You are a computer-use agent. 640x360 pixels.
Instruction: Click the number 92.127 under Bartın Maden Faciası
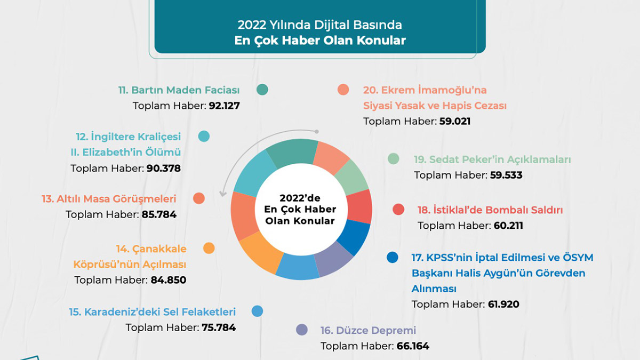pyautogui.click(x=224, y=106)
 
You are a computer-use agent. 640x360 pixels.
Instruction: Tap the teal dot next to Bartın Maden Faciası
pyautogui.click(x=262, y=90)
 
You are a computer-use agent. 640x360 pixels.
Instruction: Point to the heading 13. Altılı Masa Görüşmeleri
pyautogui.click(x=109, y=199)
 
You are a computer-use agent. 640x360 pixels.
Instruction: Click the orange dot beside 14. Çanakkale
pyautogui.click(x=209, y=248)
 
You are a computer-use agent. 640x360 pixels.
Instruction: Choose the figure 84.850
pyautogui.click(x=168, y=280)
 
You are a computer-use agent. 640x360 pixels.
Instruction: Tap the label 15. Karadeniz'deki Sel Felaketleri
pyautogui.click(x=152, y=312)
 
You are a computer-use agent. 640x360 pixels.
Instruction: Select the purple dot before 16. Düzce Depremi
pyautogui.click(x=302, y=330)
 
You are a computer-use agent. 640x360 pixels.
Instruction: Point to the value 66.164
pyautogui.click(x=413, y=346)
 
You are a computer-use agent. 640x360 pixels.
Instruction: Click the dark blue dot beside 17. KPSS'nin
pyautogui.click(x=393, y=258)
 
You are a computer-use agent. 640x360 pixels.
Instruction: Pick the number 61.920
pyautogui.click(x=503, y=305)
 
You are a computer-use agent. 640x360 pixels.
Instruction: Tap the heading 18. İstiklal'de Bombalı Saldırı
pyautogui.click(x=490, y=210)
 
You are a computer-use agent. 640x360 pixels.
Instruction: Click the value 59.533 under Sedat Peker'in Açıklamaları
pyautogui.click(x=506, y=175)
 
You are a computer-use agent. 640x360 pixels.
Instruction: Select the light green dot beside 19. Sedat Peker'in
pyautogui.click(x=394, y=159)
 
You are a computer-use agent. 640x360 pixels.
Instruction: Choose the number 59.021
pyautogui.click(x=454, y=121)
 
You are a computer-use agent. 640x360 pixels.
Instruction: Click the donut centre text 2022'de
pyautogui.click(x=301, y=197)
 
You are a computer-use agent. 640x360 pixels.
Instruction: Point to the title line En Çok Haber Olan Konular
pyautogui.click(x=320, y=41)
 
